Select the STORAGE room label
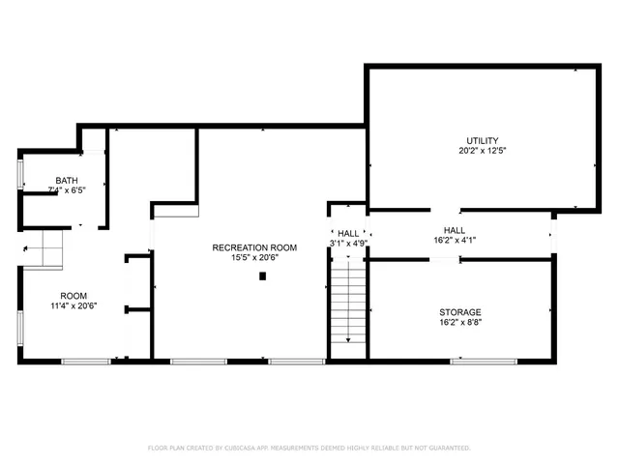(x=460, y=312)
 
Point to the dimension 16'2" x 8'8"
(x=460, y=323)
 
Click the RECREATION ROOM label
(x=254, y=247)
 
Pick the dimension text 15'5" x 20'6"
(x=254, y=258)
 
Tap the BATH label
(x=67, y=180)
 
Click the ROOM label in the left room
(x=74, y=296)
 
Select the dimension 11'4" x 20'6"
(x=74, y=306)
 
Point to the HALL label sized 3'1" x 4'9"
(x=348, y=233)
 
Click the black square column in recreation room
(x=263, y=276)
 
